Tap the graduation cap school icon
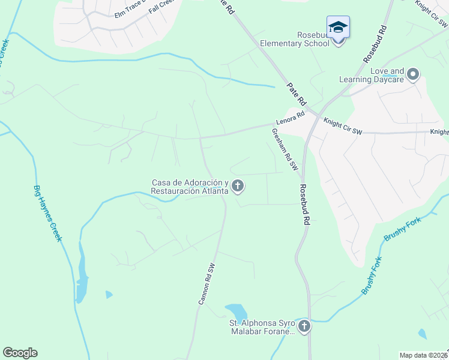338,27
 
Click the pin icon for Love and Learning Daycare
412,74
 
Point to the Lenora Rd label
291,117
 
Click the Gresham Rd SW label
285,150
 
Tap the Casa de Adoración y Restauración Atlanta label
190,187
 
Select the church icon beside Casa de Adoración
238,186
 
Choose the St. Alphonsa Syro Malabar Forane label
262,327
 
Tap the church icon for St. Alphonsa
304,326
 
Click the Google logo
20,353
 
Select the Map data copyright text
423,355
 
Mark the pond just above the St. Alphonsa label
236,312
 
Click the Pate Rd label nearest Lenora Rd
297,92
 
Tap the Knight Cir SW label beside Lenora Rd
343,125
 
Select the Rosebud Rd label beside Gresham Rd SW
306,205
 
